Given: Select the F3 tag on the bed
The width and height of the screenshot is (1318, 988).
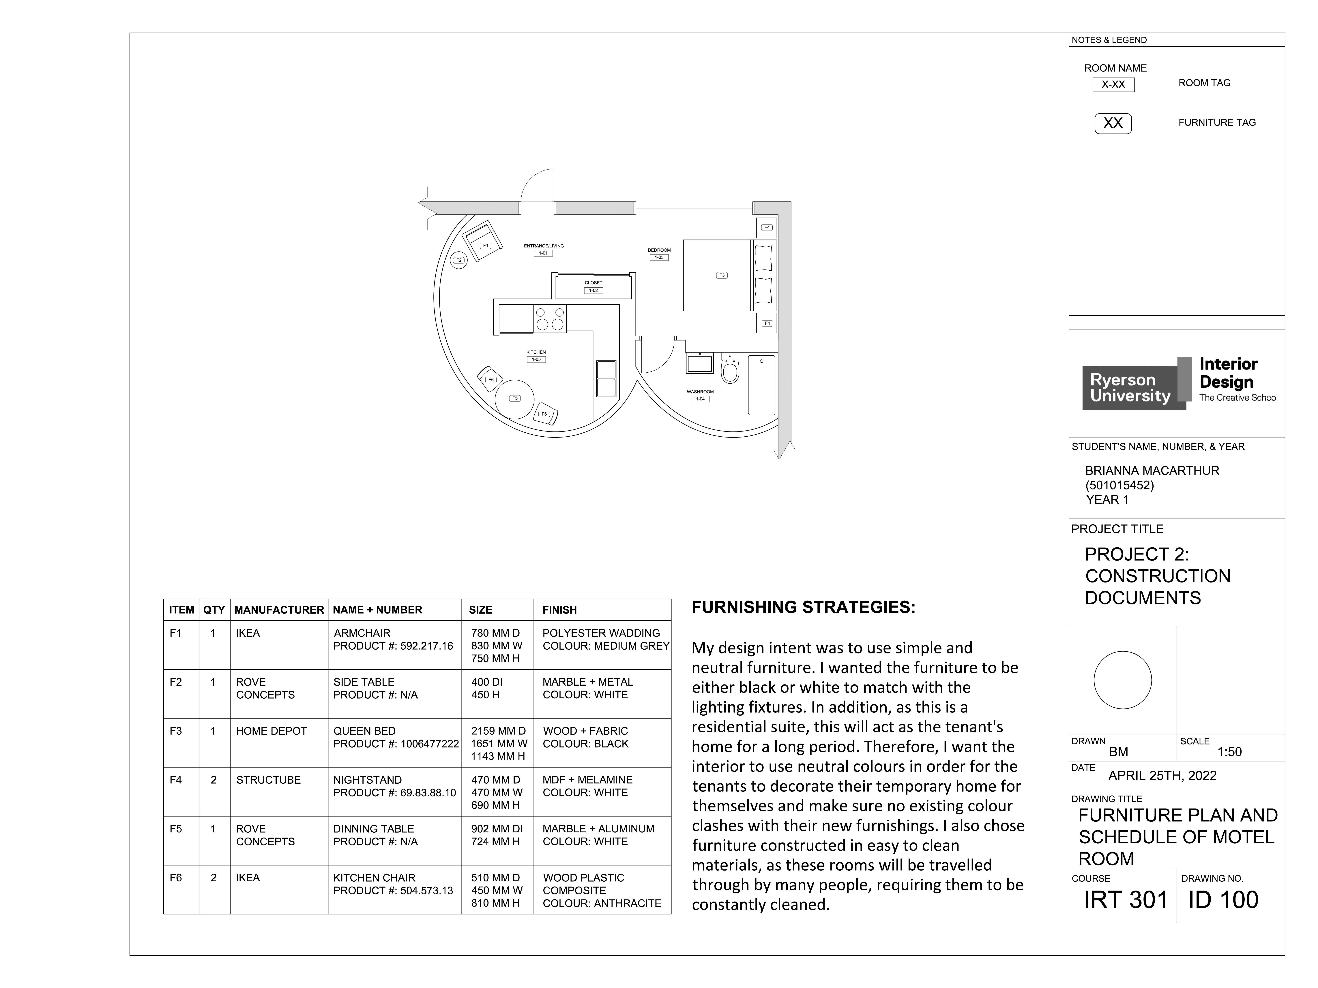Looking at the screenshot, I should coord(722,275).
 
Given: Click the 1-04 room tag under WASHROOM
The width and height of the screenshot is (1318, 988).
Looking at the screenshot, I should coord(700,399).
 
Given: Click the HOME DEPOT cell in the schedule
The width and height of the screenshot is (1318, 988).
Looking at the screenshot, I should coord(271,731).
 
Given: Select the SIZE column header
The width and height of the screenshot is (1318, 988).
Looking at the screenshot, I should coord(480,610).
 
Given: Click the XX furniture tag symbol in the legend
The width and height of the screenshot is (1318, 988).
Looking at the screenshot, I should coord(1112,123).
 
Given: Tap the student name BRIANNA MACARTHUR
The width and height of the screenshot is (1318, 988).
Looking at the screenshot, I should coord(1152,470).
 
